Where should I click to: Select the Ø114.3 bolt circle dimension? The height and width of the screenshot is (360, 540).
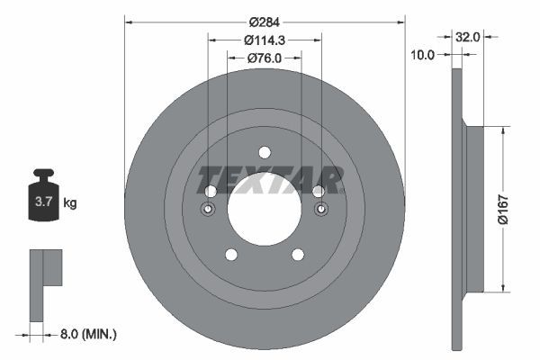coord(264,40)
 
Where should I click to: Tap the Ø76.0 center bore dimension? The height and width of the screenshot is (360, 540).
coord(264,58)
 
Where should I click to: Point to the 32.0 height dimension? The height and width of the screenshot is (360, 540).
coord(467,38)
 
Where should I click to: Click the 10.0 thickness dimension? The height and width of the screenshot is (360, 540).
coord(422,55)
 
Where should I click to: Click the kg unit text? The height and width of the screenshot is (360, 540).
coord(70,203)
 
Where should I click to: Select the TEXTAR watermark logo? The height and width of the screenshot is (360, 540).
coord(270,179)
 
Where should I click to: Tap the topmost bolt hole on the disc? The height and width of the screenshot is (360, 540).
coord(264,152)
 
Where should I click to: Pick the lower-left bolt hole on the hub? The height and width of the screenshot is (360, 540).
coord(230,255)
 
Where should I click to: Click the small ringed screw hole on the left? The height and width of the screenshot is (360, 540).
coord(208,211)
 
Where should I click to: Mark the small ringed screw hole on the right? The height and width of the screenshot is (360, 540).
coord(320,211)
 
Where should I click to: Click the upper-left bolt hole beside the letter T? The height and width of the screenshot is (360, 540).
coord(211,191)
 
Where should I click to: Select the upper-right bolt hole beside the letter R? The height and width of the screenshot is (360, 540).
coord(318,191)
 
